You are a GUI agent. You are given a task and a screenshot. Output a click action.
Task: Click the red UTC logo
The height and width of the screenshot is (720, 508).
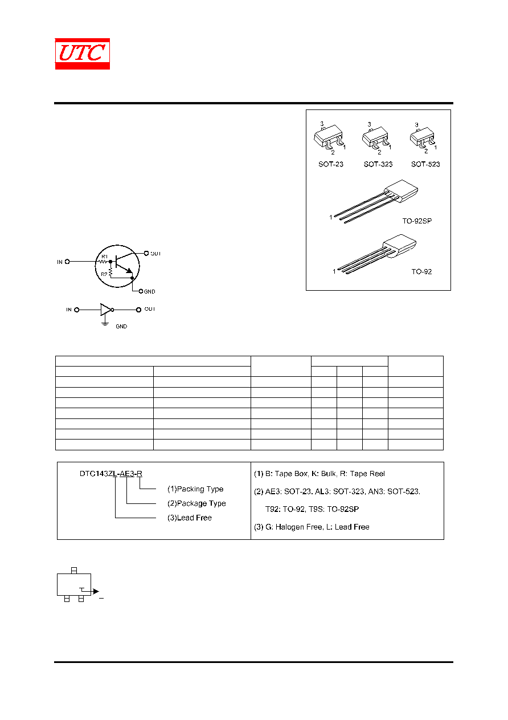coord(82,54)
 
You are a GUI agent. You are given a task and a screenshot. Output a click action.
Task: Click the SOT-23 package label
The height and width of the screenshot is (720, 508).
coord(331,164)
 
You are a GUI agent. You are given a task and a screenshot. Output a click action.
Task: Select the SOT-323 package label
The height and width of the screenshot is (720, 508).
coord(378,164)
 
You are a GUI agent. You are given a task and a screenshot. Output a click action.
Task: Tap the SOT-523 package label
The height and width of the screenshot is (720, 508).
coord(425,164)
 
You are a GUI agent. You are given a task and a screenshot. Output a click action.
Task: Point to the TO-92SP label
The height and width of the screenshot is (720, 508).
coord(417,221)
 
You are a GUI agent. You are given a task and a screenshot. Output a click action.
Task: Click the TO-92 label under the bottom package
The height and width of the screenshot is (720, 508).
coord(421,271)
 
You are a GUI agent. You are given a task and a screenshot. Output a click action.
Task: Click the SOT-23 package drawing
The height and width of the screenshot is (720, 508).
coord(329,137)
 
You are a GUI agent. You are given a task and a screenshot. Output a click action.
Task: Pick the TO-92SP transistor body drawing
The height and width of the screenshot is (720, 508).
coord(401,191)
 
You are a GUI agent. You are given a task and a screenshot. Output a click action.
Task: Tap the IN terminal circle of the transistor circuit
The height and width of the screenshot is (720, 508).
coord(67,262)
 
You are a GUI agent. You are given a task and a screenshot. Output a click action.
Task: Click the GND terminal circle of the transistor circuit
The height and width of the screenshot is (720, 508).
coord(141,291)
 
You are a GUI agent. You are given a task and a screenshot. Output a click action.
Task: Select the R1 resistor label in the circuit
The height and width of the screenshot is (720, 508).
coord(104,257)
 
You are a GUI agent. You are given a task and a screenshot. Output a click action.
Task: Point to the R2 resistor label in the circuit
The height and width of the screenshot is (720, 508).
coord(104,274)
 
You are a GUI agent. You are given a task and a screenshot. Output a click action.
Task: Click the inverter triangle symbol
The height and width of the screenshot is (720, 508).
coord(106,310)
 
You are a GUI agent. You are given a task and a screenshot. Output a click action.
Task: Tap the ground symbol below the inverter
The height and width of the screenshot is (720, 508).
coord(105,323)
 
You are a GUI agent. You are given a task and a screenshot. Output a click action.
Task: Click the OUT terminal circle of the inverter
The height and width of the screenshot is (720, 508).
coord(139,310)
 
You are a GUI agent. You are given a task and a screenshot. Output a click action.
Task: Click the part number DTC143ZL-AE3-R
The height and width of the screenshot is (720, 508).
coord(111,474)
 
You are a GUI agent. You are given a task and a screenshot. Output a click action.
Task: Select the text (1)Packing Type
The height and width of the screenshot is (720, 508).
coord(195,489)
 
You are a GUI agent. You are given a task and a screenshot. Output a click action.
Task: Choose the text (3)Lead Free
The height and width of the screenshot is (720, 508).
coord(190,518)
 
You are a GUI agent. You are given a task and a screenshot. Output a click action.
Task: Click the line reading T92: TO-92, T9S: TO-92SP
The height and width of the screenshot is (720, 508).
coord(312,509)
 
